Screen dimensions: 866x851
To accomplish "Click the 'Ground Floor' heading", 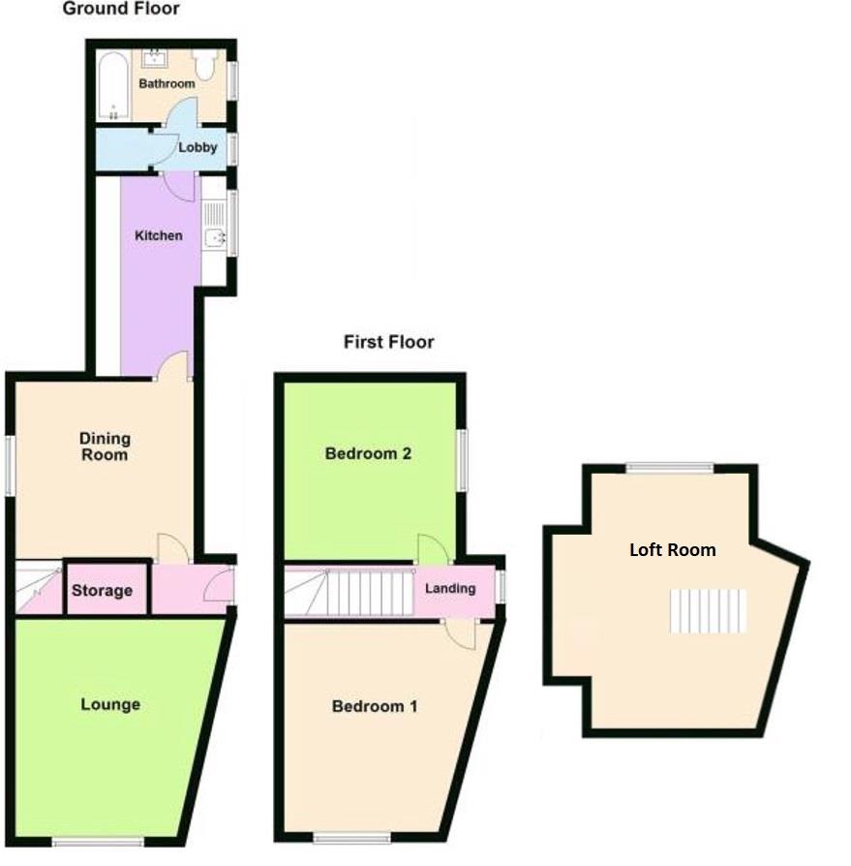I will [121, 9].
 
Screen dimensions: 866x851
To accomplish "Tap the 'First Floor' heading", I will [388, 342].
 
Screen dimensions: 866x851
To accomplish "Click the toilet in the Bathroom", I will [204, 65].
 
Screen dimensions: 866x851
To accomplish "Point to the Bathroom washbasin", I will [156, 59].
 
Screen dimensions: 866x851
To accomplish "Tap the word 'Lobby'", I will [198, 148].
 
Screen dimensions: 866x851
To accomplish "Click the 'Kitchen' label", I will [158, 235].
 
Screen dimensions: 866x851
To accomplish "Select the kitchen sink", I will [213, 237].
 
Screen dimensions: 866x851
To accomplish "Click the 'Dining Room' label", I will [104, 447].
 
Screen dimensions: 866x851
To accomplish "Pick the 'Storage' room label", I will [102, 591].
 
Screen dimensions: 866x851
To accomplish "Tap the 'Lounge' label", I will [109, 704].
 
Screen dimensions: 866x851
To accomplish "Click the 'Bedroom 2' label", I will [369, 453].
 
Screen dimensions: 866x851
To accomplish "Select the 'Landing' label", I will [450, 588].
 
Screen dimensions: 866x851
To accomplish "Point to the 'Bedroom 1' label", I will [375, 706].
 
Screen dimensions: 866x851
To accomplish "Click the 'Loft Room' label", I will [672, 550].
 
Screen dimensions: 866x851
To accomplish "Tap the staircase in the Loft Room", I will [709, 610].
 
